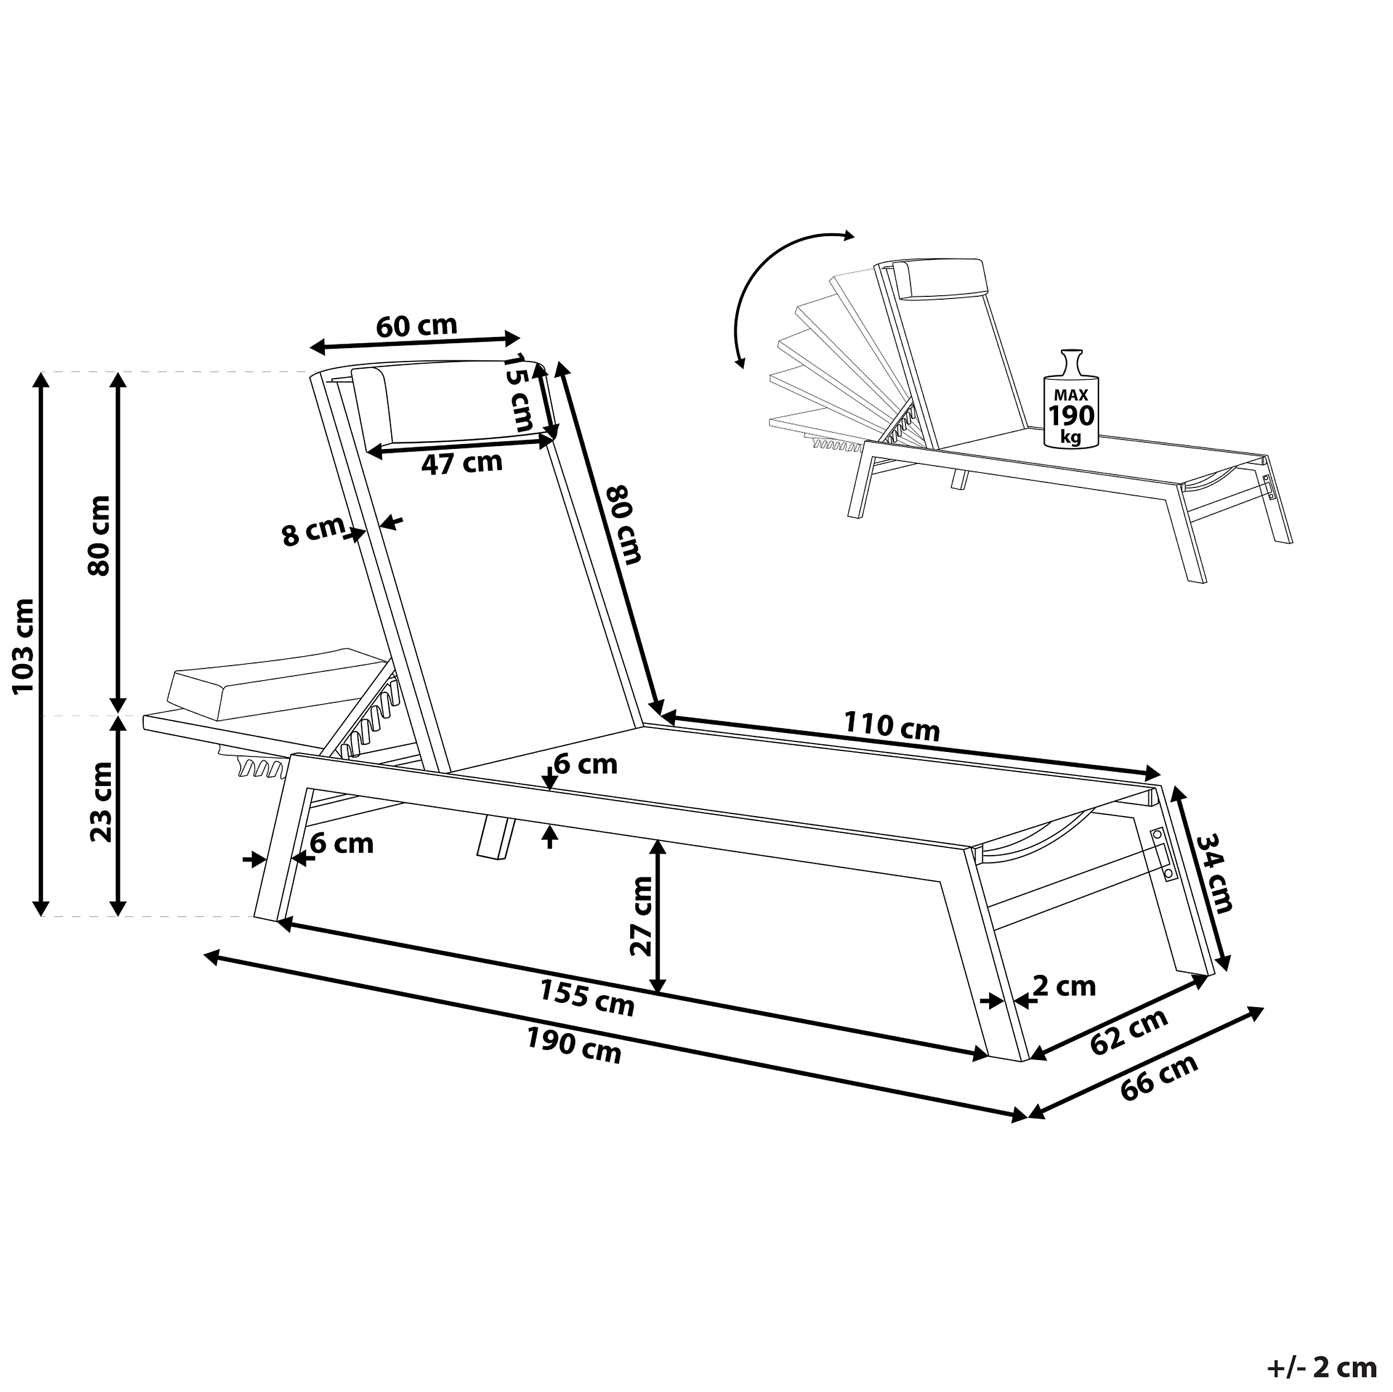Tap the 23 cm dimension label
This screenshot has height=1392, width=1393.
pyautogui.click(x=101, y=802)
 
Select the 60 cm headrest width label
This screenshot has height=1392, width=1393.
pyautogui.click(x=417, y=326)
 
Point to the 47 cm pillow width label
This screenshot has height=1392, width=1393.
pyautogui.click(x=461, y=463)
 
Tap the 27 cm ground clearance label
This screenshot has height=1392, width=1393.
pyautogui.click(x=640, y=916)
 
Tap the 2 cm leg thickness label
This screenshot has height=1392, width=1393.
pyautogui.click(x=1064, y=985)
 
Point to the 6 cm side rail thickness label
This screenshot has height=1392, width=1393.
pyautogui.click(x=586, y=764)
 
